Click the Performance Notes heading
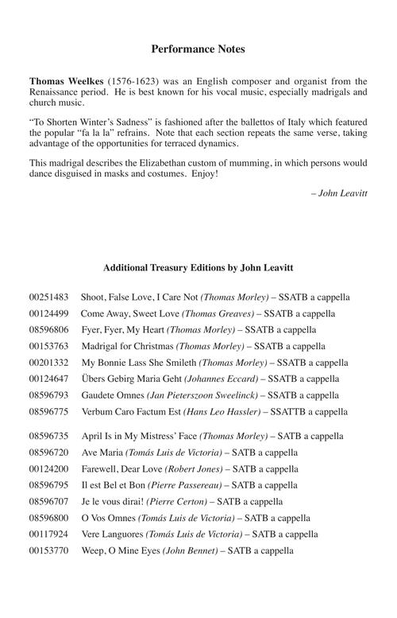[x=198, y=49]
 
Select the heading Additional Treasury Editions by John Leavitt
[x=198, y=267]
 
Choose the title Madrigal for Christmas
[x=126, y=345]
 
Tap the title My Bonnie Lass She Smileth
[x=140, y=362]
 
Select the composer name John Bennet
[x=191, y=550]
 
